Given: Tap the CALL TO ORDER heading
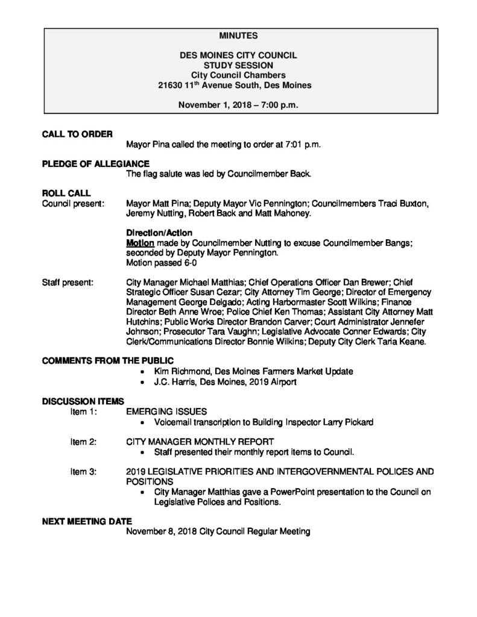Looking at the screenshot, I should coord(75,134).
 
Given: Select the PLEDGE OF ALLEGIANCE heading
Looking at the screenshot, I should coord(96,164).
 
